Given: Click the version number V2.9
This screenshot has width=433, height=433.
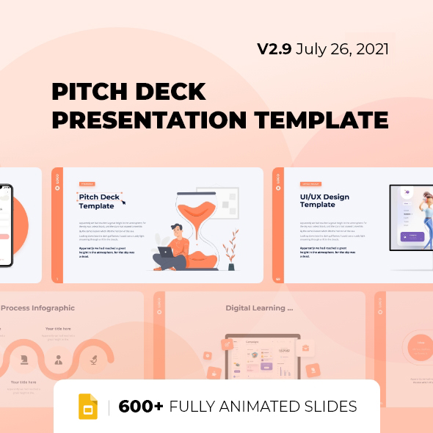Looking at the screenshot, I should [274, 49].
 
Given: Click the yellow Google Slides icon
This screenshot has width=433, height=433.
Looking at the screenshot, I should [89, 407].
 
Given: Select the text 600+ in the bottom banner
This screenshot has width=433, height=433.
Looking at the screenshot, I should [141, 407].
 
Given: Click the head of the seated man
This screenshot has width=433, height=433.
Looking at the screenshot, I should [176, 230].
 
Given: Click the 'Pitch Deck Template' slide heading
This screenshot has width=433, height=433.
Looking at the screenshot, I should [101, 201].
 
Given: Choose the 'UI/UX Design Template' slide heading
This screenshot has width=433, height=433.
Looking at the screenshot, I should [324, 200].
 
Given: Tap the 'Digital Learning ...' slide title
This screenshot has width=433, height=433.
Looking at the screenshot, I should [259, 308].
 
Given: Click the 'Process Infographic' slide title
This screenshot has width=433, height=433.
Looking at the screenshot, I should [38, 308].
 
